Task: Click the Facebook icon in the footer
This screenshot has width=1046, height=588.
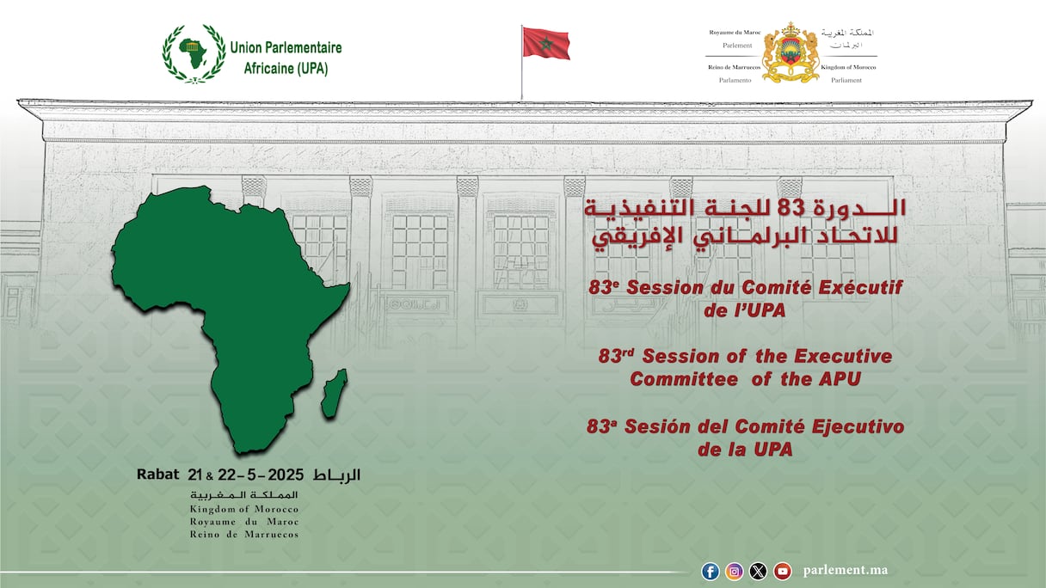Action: pyautogui.click(x=711, y=571)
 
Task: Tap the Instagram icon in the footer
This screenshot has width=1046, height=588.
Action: pyautogui.click(x=735, y=571)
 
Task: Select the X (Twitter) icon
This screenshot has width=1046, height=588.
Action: pyautogui.click(x=758, y=571)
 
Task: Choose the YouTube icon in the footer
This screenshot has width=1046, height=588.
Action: pyautogui.click(x=782, y=571)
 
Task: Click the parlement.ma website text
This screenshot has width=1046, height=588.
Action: pyautogui.click(x=846, y=571)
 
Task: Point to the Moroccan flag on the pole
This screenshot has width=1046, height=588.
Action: pyautogui.click(x=546, y=43)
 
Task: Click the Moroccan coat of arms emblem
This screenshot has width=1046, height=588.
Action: pyautogui.click(x=791, y=52)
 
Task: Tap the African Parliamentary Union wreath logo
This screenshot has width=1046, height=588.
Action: pyautogui.click(x=194, y=53)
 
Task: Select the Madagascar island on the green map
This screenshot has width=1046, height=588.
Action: pyautogui.click(x=335, y=394)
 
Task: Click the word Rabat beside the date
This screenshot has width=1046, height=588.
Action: pyautogui.click(x=157, y=475)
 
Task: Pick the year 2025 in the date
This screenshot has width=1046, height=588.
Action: pyautogui.click(x=286, y=475)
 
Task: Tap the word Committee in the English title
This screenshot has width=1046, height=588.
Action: pyautogui.click(x=684, y=379)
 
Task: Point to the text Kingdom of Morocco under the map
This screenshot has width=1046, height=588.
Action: pyautogui.click(x=244, y=509)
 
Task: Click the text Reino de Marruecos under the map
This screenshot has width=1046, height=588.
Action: pyautogui.click(x=244, y=535)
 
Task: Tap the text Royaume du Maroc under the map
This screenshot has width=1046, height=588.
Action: pyautogui.click(x=244, y=522)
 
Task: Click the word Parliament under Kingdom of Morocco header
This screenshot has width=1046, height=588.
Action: pyautogui.click(x=846, y=80)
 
